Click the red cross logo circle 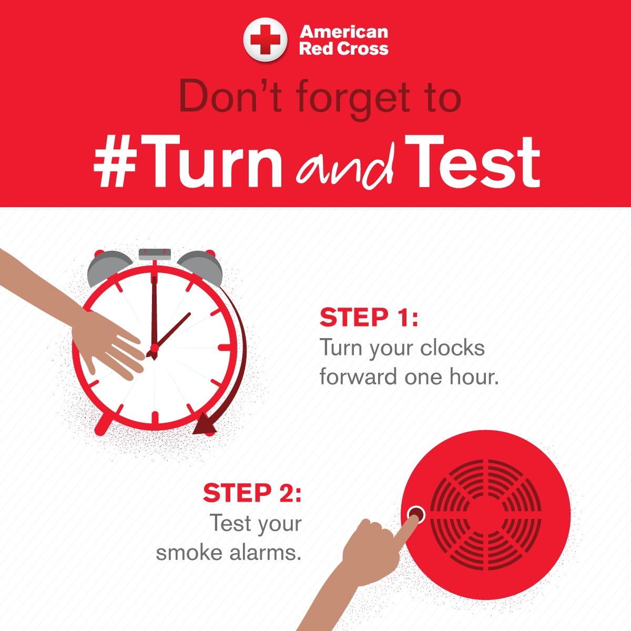265,40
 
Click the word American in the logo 343,32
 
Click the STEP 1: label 369,318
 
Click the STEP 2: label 252,493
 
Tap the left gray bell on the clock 107,266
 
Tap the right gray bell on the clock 202,266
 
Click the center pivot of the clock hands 154,348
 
